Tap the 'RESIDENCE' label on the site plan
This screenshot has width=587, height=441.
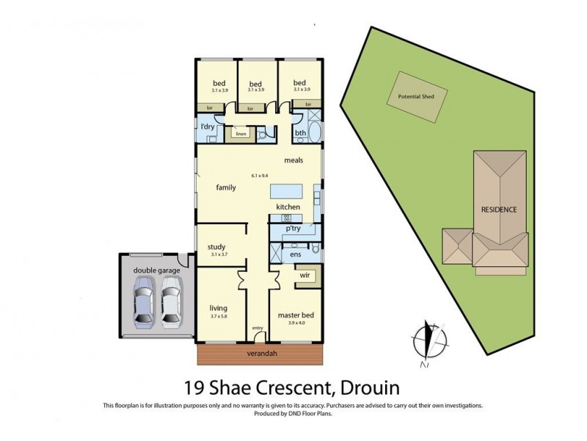(498, 209)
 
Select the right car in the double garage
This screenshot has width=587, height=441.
(170, 300)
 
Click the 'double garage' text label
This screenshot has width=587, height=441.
(156, 270)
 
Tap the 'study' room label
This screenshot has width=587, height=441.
(216, 247)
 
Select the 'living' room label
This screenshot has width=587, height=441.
(218, 307)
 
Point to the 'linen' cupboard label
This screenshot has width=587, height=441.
(241, 135)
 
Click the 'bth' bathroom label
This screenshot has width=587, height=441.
(300, 133)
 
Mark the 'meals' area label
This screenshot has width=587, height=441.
(293, 160)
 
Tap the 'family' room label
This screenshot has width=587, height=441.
(225, 188)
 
